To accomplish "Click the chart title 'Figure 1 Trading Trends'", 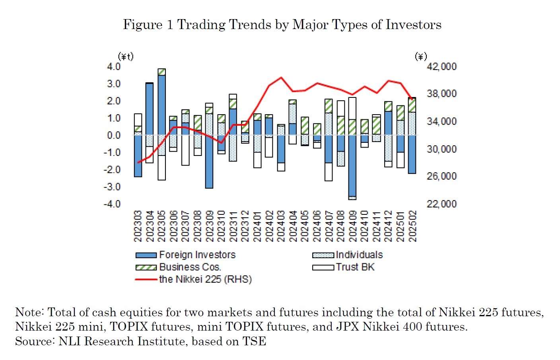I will click(282, 25).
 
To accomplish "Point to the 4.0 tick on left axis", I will click(114, 66).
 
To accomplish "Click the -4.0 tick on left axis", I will click(112, 204).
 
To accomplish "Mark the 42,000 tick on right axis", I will click(441, 66).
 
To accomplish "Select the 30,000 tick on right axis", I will click(441, 149).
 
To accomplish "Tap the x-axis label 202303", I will click(138, 226).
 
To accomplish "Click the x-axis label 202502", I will click(412, 226).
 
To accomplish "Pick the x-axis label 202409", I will click(353, 226).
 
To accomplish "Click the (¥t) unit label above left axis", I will click(126, 56).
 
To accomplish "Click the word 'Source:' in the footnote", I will click(35, 341).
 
